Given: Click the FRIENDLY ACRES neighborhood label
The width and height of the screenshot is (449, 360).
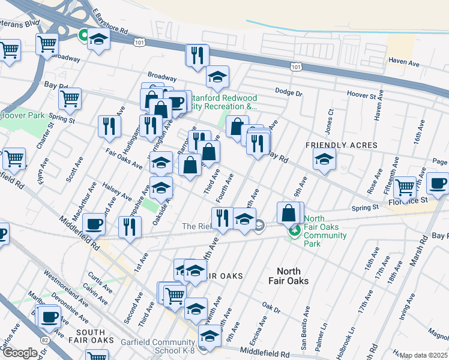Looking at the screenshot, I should click(342, 145).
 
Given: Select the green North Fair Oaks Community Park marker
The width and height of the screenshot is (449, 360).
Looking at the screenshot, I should click(294, 230).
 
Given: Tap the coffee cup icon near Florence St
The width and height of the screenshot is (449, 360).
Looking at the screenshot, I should click(438, 183).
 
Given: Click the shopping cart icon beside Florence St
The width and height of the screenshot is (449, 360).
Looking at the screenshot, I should click(405, 187).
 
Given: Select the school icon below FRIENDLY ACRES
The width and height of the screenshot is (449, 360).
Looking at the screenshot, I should click(324, 160).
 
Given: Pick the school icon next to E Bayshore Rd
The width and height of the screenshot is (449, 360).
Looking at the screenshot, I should click(98, 40).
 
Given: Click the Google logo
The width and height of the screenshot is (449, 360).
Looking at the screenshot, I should click(19, 353).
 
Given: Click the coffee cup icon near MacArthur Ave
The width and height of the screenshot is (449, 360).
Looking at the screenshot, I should click(94, 224).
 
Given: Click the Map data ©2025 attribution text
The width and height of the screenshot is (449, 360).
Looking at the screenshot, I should click(424, 355).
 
